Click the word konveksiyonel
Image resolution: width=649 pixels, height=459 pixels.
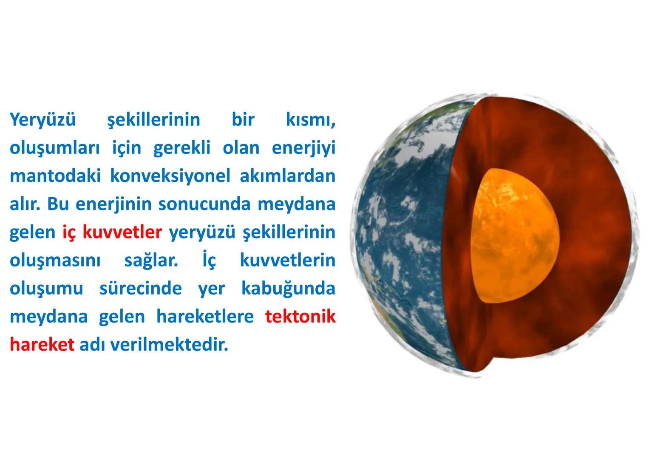pyautogui.click(x=170, y=176)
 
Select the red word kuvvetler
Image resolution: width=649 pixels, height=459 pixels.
pyautogui.click(x=122, y=232)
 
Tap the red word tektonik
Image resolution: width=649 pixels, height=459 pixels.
pyautogui.click(x=300, y=317)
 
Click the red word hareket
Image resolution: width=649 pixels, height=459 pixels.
pyautogui.click(x=42, y=345)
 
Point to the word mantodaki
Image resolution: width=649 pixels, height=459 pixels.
pyautogui.click(x=55, y=176)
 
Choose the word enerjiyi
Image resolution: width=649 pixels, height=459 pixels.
pyautogui.click(x=303, y=148)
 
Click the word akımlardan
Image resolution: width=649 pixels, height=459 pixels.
pyautogui.click(x=287, y=176)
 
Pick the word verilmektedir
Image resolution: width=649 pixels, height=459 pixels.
pyautogui.click(x=169, y=345)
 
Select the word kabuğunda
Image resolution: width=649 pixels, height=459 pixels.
pyautogui.click(x=288, y=289)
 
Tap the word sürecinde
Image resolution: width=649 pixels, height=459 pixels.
pyautogui.click(x=140, y=289)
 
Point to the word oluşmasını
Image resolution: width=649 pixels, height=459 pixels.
pyautogui.click(x=55, y=261)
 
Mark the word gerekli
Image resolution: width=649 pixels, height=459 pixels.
pyautogui.click(x=181, y=148)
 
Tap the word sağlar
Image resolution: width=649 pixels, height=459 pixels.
pyautogui.click(x=151, y=261)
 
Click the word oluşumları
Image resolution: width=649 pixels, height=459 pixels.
pyautogui.click(x=55, y=148)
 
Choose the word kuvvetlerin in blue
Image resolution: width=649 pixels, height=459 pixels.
pyautogui.click(x=287, y=261)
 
